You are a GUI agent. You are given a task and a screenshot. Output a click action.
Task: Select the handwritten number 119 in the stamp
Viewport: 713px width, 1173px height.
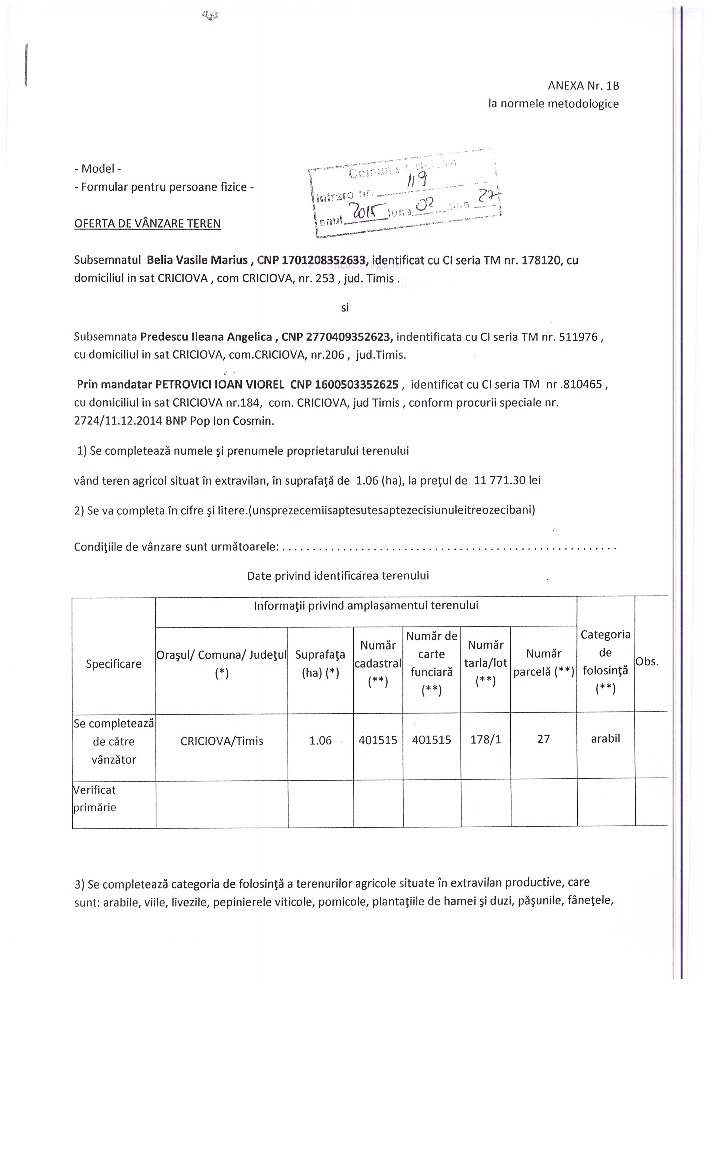[x=415, y=180]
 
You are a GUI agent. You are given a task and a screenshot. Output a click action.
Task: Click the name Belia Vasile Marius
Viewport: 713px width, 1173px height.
[x=197, y=260]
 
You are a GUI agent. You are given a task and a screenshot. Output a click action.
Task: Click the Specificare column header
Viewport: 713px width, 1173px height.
[x=113, y=664]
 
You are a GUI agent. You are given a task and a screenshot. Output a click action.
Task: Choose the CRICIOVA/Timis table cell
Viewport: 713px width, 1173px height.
[x=222, y=741]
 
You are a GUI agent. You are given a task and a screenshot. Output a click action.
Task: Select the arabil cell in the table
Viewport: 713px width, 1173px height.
[x=605, y=739]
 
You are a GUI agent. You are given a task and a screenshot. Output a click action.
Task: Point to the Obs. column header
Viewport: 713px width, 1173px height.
[x=647, y=662]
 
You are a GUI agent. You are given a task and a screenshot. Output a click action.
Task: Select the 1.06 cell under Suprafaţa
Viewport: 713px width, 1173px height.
[x=320, y=741]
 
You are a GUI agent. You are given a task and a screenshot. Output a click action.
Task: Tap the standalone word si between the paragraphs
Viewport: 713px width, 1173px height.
[x=345, y=308]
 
